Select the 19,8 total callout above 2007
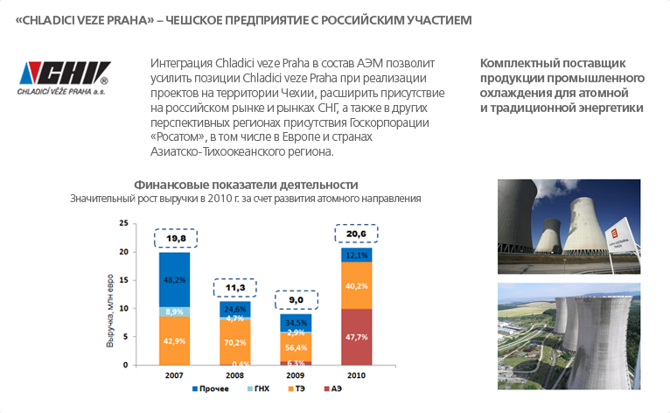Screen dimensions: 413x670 (x=175, y=238)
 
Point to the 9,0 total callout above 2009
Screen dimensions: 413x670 (x=296, y=300)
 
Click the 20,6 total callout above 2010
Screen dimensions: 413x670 (x=356, y=234)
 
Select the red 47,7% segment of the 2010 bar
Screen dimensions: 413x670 (x=356, y=336)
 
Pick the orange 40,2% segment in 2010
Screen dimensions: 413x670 (x=356, y=285)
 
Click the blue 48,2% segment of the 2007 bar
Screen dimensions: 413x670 (x=175, y=279)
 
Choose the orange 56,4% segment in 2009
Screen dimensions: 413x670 (x=296, y=346)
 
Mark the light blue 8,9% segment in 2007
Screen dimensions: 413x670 (x=175, y=311)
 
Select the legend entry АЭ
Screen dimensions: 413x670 (x=332, y=388)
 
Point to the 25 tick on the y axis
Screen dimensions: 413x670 (x=123, y=225)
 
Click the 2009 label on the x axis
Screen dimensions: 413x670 (x=296, y=375)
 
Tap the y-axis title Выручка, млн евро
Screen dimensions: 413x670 (x=111, y=295)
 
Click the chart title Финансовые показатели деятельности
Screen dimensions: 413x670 (x=246, y=185)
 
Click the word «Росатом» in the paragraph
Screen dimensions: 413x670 (x=180, y=137)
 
